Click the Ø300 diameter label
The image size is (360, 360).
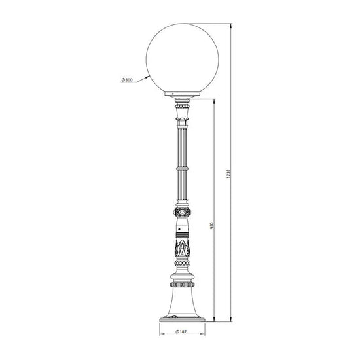pyautogui.click(x=127, y=80)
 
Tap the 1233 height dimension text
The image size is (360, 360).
pyautogui.click(x=228, y=174)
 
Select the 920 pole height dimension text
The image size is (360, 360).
pyautogui.click(x=212, y=225)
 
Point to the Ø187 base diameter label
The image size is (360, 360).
pyautogui.click(x=181, y=331)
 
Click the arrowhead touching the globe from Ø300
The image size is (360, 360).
pyautogui.click(x=146, y=78)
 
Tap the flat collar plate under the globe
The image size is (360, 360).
pyautogui.click(x=183, y=94)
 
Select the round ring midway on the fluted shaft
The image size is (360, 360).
pyautogui.click(x=183, y=169)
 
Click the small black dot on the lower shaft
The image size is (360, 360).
pyautogui.click(x=179, y=229)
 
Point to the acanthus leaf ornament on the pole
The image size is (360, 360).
pyautogui.click(x=183, y=249)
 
